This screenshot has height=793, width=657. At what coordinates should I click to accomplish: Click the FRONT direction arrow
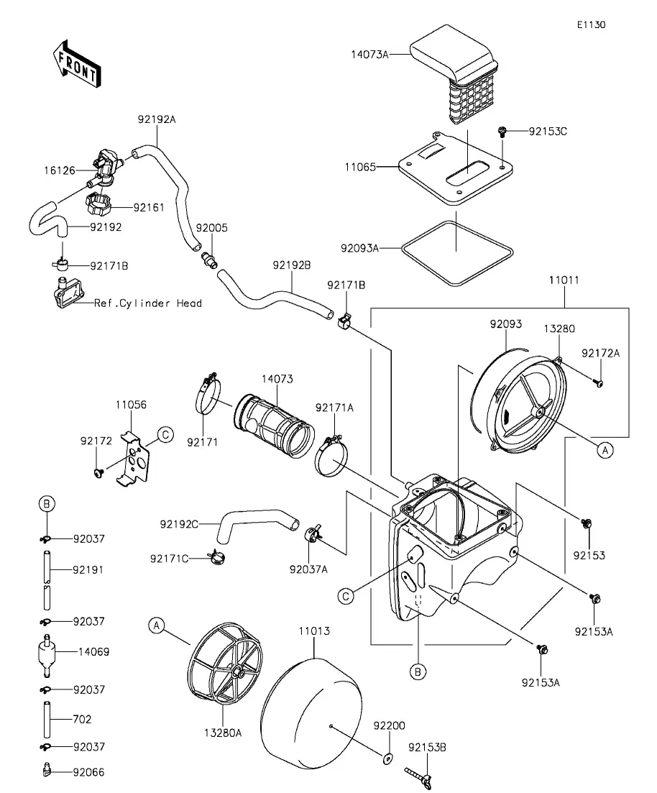[76, 63]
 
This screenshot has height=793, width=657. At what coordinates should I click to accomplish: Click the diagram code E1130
[592, 24]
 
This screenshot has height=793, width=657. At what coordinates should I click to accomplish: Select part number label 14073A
[369, 55]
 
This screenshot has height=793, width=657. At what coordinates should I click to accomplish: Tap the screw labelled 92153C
[502, 132]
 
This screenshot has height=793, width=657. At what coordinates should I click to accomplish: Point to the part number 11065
[360, 167]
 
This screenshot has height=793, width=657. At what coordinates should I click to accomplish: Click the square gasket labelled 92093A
[457, 253]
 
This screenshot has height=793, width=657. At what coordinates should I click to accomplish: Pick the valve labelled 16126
[104, 167]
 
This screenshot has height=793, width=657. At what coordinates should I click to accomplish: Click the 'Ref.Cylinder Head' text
[148, 303]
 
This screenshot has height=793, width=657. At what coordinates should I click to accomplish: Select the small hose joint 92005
[208, 258]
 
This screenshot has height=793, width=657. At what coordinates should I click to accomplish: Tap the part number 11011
[564, 280]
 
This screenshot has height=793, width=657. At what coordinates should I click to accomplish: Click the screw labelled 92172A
[599, 383]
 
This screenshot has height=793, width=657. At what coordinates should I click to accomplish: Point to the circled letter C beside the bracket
[165, 435]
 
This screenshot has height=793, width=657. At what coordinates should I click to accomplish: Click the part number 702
[82, 719]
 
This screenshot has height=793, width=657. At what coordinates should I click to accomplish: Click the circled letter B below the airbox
[418, 672]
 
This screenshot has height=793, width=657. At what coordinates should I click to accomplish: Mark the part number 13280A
[223, 733]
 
